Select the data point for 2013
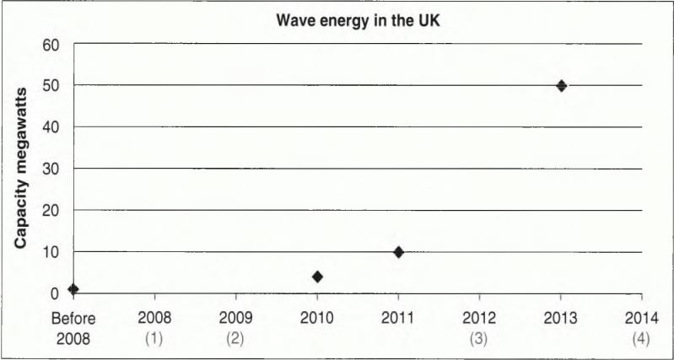coord(561,85)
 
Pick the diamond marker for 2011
coord(398,251)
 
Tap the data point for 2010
coord(317,277)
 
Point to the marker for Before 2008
coord(73,289)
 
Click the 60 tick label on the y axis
coord(50,44)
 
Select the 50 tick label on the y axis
coord(50,85)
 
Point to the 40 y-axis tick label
coord(50,126)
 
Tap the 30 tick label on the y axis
coord(50,168)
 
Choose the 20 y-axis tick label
coord(50,210)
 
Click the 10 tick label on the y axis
coord(50,251)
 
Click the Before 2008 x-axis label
coord(73,328)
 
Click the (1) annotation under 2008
coord(154,337)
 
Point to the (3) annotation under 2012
coord(479,337)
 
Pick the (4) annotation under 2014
coord(642,337)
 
